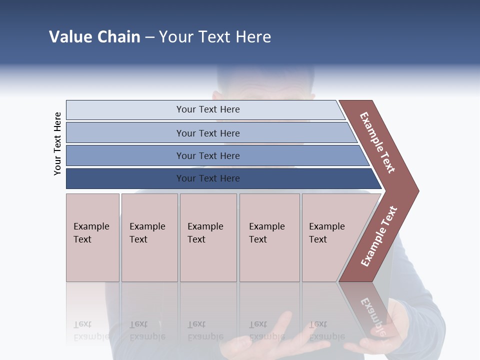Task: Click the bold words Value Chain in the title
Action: [x=94, y=37]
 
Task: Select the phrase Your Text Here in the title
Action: [x=215, y=37]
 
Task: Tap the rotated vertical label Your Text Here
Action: [x=57, y=143]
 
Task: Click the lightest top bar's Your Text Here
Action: [x=208, y=109]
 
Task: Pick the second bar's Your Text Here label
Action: [x=208, y=133]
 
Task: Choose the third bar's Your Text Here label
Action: [x=208, y=156]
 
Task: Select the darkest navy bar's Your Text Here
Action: [x=208, y=178]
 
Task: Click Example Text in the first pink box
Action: [x=91, y=233]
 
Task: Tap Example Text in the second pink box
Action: [x=147, y=233]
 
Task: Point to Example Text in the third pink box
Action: [x=205, y=233]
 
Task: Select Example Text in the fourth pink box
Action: [x=266, y=233]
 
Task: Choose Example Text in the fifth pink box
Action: [x=326, y=233]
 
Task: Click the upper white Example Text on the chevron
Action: [x=378, y=142]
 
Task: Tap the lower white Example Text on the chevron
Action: [x=379, y=236]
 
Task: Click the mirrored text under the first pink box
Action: [x=91, y=330]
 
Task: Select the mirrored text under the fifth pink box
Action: [x=326, y=330]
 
